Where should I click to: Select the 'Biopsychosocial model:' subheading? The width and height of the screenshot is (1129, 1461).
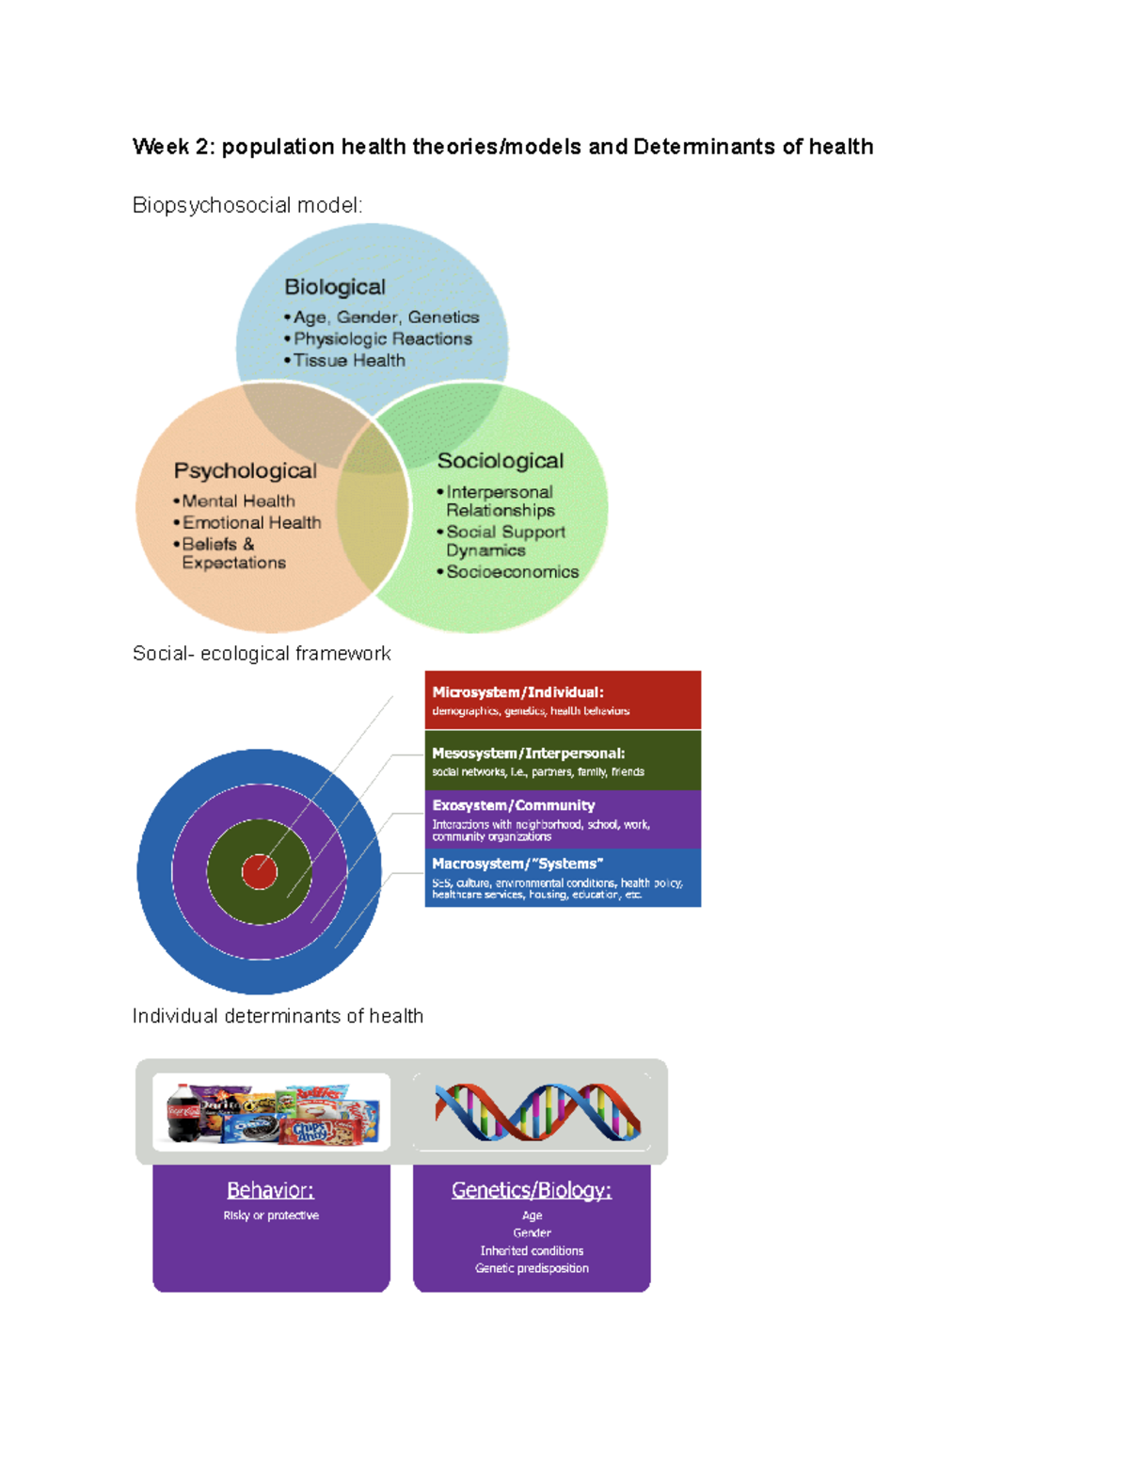click(247, 205)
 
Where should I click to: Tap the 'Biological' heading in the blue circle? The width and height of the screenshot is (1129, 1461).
click(335, 287)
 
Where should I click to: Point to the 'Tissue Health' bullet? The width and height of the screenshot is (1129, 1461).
click(349, 360)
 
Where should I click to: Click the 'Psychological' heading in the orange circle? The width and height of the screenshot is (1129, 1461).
click(245, 470)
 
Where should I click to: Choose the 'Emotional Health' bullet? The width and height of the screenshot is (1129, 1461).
click(251, 522)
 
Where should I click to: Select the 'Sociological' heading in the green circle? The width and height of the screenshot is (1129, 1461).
click(500, 461)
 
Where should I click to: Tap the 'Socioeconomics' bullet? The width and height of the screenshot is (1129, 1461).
click(512, 572)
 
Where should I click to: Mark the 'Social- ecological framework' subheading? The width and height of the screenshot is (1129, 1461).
click(262, 654)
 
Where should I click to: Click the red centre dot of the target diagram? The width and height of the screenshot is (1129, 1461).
click(259, 871)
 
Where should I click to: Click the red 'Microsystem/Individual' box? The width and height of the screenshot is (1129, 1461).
click(563, 700)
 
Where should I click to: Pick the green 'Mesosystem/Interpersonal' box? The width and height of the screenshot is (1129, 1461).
click(563, 760)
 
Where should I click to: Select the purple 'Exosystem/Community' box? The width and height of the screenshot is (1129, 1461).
click(563, 819)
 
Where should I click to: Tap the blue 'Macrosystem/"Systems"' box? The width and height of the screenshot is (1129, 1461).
click(563, 878)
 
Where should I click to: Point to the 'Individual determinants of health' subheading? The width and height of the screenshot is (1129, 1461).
click(278, 1016)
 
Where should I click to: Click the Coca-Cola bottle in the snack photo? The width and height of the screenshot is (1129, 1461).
click(183, 1112)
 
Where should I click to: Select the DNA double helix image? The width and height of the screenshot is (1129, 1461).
click(537, 1111)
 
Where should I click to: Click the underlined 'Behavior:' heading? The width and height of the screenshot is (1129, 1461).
click(270, 1190)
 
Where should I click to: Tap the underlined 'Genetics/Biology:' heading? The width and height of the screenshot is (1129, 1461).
click(532, 1190)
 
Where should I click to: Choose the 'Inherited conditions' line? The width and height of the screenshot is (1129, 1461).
click(532, 1250)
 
